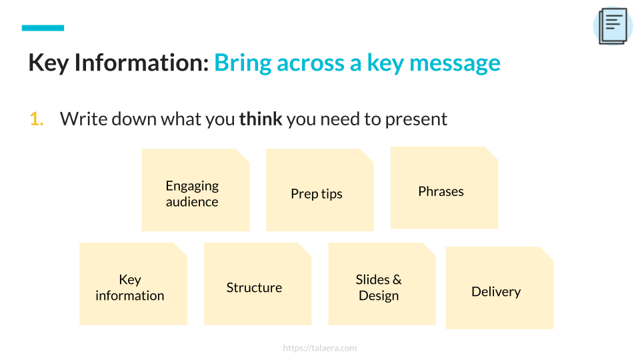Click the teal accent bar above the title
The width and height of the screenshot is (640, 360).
(43, 28)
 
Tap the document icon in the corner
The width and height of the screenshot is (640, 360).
(613, 26)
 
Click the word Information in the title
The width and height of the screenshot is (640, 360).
(141, 63)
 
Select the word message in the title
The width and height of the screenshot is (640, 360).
(455, 64)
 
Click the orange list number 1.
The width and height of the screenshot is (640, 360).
(36, 119)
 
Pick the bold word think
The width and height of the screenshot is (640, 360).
(261, 119)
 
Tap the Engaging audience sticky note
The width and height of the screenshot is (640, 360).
(195, 190)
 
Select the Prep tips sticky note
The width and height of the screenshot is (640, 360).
(319, 190)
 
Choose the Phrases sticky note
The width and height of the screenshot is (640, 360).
(444, 188)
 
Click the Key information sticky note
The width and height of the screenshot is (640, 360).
(133, 284)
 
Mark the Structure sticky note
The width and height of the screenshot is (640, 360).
(257, 284)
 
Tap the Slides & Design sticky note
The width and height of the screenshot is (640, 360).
(382, 284)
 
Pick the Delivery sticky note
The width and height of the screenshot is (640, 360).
(499, 288)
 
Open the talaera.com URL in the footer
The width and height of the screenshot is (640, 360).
(320, 348)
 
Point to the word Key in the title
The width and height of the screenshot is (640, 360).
(48, 64)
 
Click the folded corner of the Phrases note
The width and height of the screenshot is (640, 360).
(492, 153)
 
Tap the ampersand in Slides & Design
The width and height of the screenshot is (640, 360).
(397, 279)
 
